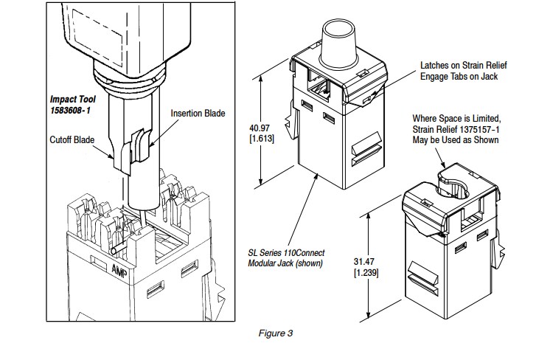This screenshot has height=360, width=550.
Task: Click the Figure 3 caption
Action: pos(275,333)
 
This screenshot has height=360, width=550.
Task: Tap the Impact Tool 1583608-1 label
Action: pos(72,105)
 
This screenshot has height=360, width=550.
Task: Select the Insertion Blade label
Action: pos(198,114)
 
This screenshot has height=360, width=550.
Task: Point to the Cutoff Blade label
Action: pos(72,139)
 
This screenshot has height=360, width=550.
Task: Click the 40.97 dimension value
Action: pos(260,128)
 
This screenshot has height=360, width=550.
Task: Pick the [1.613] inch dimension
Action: pos(262,139)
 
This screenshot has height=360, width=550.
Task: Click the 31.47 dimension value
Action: pos(363,261)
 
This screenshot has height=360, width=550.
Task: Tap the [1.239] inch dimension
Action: pos(366,272)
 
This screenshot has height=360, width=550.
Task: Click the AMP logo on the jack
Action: pos(119,271)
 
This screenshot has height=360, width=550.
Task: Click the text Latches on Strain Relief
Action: pos(464,65)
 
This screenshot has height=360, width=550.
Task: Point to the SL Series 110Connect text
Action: pos(286,252)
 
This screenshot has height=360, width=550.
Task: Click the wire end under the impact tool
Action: pos(114,252)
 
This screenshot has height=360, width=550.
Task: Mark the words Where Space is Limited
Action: pos(456,119)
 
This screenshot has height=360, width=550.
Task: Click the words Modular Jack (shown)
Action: pos(285,263)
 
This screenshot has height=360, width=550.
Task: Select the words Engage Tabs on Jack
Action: pos(459,77)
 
